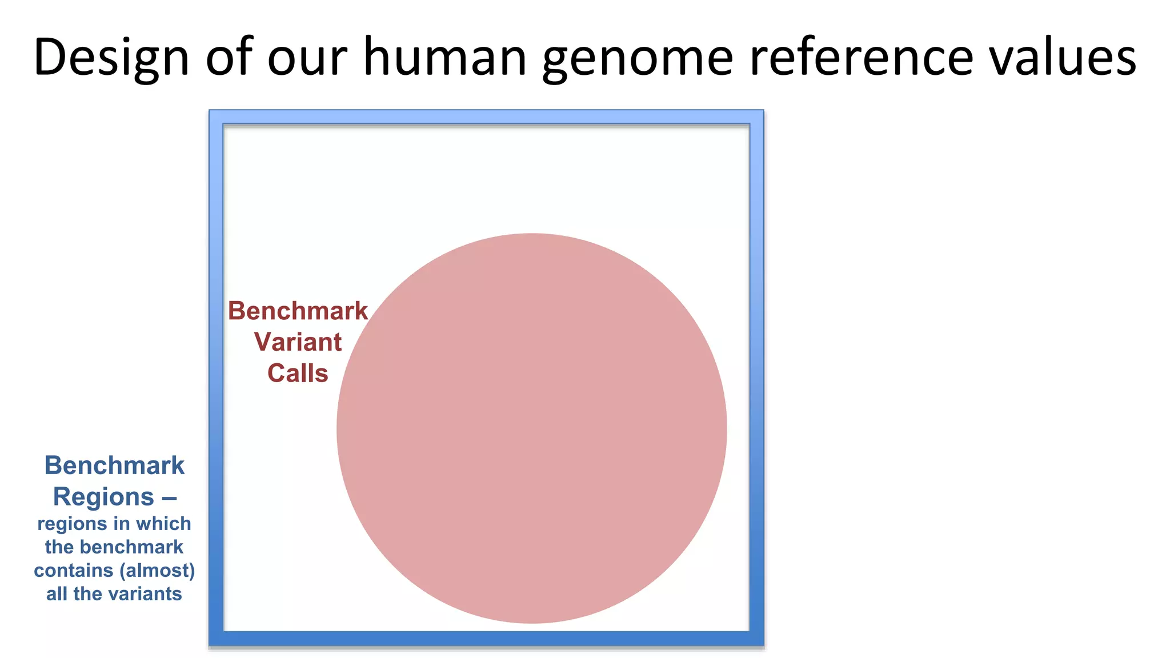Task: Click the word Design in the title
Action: (x=111, y=57)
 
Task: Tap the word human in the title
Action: (x=445, y=57)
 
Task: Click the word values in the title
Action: (x=1063, y=57)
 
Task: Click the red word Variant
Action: (x=298, y=342)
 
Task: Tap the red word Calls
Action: (x=298, y=374)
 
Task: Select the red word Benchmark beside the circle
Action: (x=298, y=311)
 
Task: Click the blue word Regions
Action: (x=103, y=497)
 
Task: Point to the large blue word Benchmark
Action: (x=114, y=466)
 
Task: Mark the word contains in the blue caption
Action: (x=73, y=570)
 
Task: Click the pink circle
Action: (x=531, y=428)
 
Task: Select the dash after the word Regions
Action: (x=169, y=497)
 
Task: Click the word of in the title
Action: (x=229, y=57)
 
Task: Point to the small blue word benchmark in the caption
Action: (x=131, y=547)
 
